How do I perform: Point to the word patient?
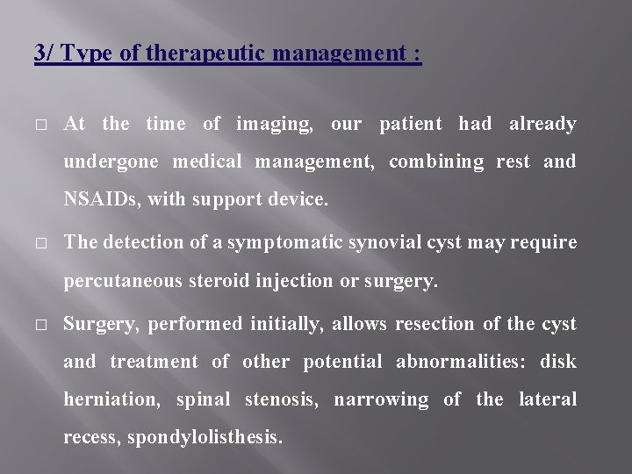tap(411, 124)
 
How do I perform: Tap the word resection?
tap(434, 324)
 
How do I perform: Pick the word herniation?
tap(111, 400)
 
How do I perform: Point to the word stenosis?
tap(278, 400)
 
